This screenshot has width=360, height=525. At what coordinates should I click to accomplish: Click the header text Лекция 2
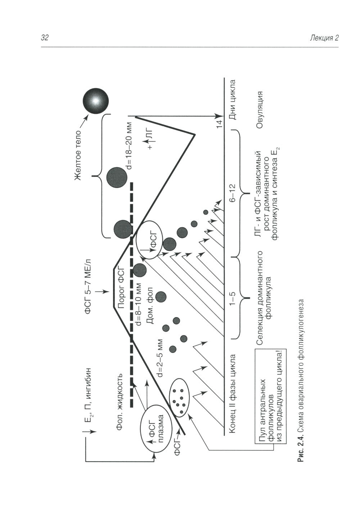(324, 39)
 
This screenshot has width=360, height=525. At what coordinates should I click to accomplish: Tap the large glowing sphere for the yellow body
(95, 101)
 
